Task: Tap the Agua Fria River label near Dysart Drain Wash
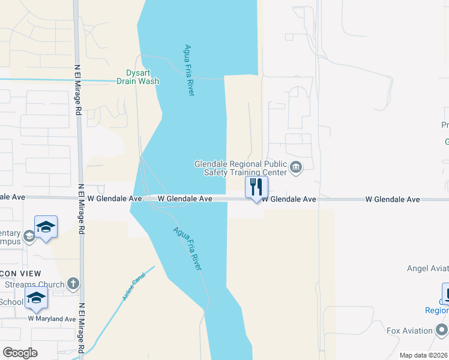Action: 189,70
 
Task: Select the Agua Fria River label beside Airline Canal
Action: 187,248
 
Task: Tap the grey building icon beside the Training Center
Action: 295,167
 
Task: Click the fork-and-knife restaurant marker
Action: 256,187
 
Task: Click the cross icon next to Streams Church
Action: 73,283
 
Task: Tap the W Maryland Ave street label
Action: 52,319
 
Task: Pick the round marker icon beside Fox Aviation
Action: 442,330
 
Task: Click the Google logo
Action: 20,352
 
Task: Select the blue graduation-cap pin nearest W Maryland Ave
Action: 36,298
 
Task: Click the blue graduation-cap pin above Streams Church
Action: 46,227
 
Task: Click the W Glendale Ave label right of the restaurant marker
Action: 288,199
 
